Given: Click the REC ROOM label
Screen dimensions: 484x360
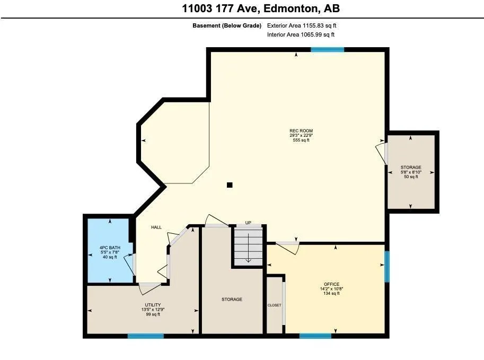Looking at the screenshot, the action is [301, 131].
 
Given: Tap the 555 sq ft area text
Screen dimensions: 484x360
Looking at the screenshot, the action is [301, 140].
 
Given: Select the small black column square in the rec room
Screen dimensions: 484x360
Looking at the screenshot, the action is [230, 185].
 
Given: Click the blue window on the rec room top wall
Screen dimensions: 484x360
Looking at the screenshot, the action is [327, 50].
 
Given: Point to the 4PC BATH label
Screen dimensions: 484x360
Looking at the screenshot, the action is [110, 248].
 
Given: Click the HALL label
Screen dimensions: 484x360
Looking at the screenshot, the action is [156, 227].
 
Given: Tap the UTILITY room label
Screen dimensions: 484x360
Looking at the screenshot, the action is [153, 305].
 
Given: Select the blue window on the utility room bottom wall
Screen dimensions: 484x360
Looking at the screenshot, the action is [146, 336].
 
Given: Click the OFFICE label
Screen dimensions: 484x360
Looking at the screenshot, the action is [331, 284].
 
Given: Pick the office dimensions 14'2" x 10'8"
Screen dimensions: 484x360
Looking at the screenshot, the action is [331, 289].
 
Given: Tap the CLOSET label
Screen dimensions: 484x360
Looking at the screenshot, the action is [275, 305].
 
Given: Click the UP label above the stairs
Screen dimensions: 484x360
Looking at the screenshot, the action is [248, 223].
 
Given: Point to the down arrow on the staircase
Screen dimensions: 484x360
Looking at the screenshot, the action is [248, 248].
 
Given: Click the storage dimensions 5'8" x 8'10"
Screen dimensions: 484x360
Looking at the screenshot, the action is [411, 172].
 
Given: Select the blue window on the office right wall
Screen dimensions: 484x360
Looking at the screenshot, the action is [387, 267].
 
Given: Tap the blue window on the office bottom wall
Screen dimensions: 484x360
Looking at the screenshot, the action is [315, 336].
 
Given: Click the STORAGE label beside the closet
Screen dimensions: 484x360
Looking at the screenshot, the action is [232, 299].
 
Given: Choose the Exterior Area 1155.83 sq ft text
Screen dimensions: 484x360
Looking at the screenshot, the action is [302, 25].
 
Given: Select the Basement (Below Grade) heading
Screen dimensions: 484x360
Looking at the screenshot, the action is [227, 25].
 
